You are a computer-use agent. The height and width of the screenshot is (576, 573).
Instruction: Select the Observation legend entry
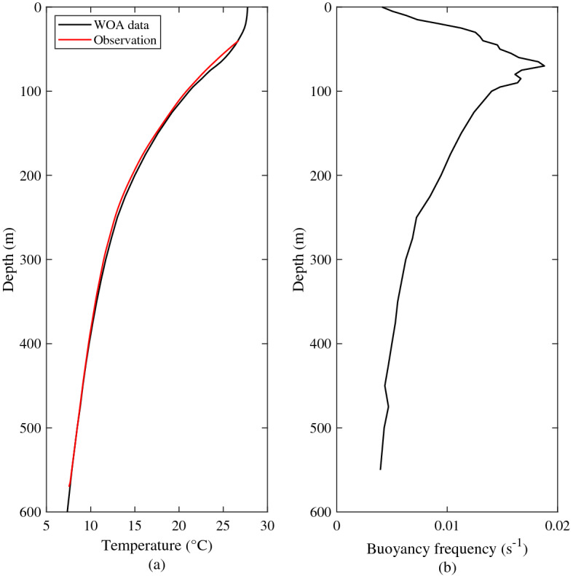click(x=125, y=41)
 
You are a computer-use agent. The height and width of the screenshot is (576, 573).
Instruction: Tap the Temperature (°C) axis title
click(x=157, y=545)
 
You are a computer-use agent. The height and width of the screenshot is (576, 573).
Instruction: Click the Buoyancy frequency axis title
click(x=446, y=543)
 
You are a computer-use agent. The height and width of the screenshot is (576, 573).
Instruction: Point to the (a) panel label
click(x=157, y=563)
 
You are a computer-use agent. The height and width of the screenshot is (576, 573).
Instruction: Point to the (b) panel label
click(x=446, y=563)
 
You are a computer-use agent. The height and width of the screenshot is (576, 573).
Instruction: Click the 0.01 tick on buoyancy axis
click(x=446, y=526)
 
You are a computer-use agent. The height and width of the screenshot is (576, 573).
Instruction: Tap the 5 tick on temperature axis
click(x=47, y=526)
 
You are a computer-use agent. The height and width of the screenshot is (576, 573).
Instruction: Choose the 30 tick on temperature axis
click(x=268, y=526)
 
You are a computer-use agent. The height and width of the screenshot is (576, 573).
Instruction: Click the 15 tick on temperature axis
click(x=135, y=526)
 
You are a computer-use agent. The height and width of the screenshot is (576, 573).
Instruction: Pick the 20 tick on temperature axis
click(x=180, y=526)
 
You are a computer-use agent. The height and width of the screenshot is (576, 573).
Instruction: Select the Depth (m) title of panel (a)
click(x=9, y=259)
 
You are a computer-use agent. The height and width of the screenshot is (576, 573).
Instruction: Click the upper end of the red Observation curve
click(x=237, y=42)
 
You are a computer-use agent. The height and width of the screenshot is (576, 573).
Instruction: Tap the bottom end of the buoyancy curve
click(x=380, y=469)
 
